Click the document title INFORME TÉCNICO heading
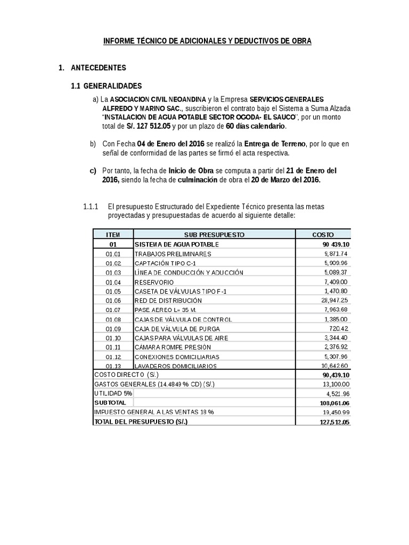pyautogui.click(x=204, y=41)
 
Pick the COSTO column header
pyautogui.click(x=322, y=234)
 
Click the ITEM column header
pyautogui.click(x=113, y=234)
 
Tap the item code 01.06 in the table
pyautogui.click(x=113, y=301)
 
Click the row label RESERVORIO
pyautogui.click(x=154, y=282)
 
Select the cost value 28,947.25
pyautogui.click(x=332, y=301)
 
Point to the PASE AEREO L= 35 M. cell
pyautogui.click(x=168, y=310)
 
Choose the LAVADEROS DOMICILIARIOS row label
pyautogui.click(x=175, y=366)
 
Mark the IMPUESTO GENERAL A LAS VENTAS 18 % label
pyautogui.click(x=154, y=412)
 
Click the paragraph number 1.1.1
pyautogui.click(x=91, y=206)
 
